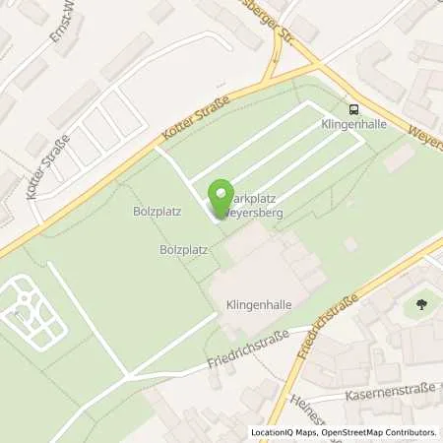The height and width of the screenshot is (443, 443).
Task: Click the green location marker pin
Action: [x=222, y=197]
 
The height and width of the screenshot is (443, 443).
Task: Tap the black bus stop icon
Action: [x=353, y=109]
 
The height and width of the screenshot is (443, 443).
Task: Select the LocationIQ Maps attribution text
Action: [x=285, y=432]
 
